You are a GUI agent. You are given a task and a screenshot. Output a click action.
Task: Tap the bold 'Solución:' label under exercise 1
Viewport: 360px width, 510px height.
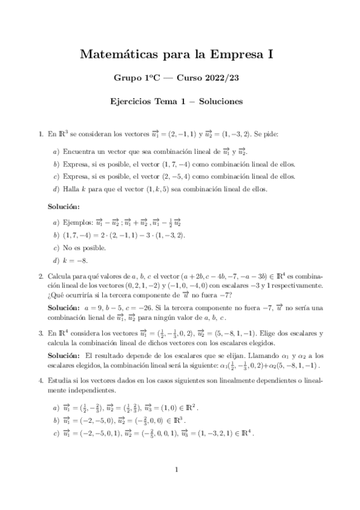click(64, 207)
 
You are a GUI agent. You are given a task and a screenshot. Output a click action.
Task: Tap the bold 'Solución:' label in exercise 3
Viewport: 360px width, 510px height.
click(64, 355)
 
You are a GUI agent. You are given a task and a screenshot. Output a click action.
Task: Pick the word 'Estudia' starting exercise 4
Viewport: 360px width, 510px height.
click(60, 380)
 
